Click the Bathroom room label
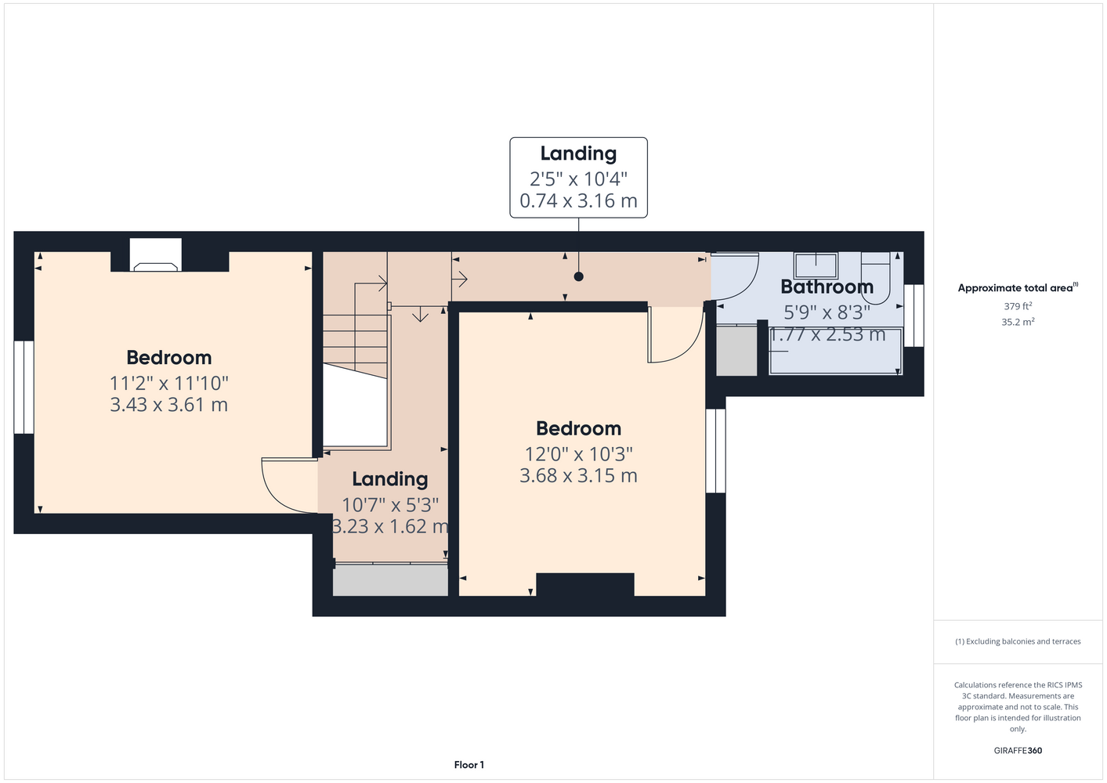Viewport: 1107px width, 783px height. (x=827, y=287)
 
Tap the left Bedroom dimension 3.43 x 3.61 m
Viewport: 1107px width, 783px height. (x=168, y=405)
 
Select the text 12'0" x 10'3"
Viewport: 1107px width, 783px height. (x=578, y=453)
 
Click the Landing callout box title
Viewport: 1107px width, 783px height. (x=578, y=153)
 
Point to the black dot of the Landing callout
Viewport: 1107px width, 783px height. (x=579, y=276)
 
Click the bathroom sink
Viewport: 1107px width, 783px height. (x=816, y=265)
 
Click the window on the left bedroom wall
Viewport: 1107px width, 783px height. (x=24, y=388)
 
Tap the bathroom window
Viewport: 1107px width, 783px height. (x=914, y=316)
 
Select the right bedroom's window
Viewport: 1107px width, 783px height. (x=715, y=450)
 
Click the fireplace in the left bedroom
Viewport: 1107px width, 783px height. (x=156, y=255)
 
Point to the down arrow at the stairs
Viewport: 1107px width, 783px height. (x=420, y=314)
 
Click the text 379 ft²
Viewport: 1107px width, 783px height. (x=1018, y=306)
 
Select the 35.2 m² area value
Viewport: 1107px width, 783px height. (x=1018, y=322)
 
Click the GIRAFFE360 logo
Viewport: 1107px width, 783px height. (x=1018, y=750)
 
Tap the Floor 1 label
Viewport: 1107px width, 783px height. (x=469, y=765)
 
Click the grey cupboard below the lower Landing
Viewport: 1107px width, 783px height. (x=390, y=580)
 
